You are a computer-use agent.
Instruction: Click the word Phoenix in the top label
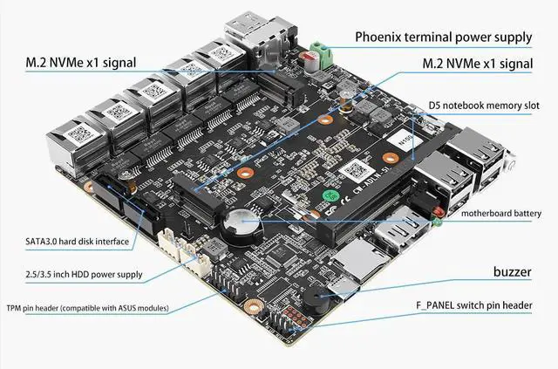[380, 37]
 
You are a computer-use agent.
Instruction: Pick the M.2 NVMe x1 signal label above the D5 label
[478, 64]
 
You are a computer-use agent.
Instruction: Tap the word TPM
[16, 308]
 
